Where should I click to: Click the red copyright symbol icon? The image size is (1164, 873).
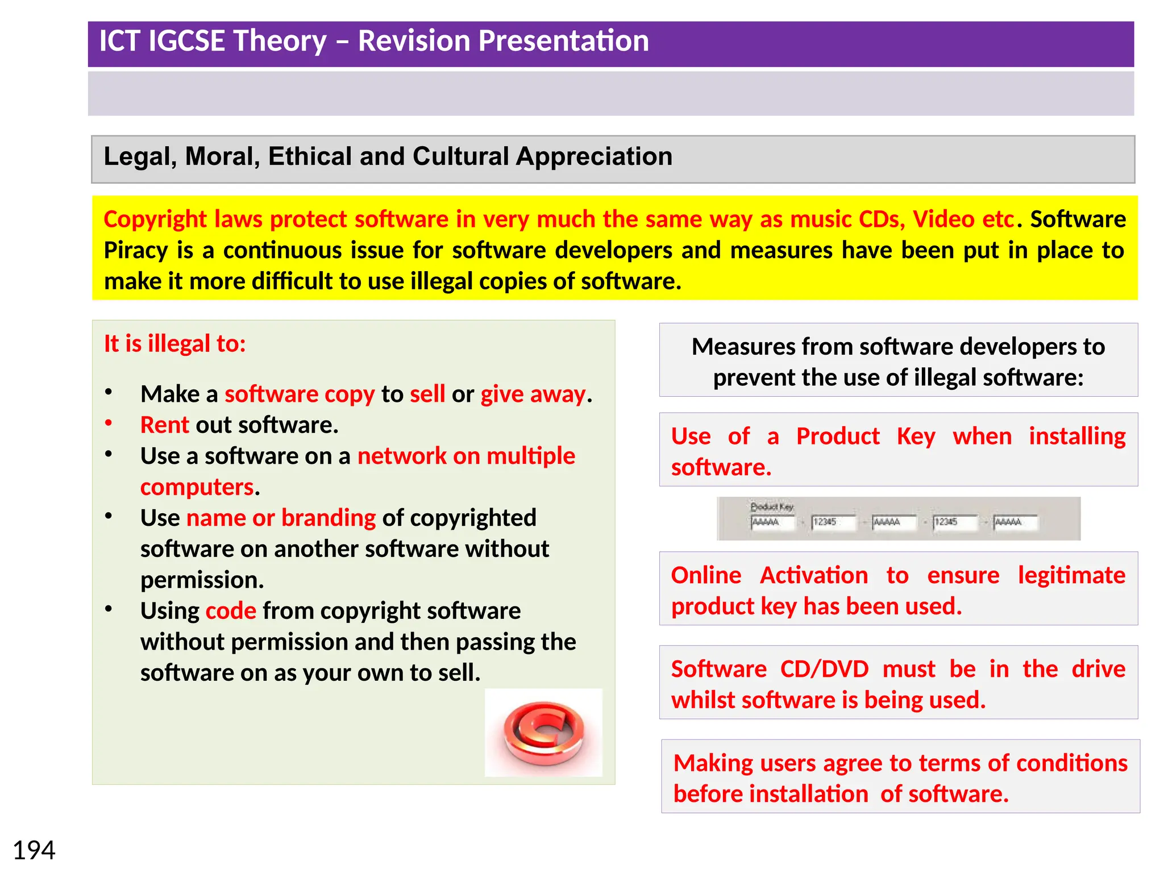tap(543, 733)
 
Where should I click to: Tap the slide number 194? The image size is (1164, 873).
tap(34, 850)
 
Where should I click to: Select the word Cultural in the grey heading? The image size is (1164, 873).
tap(461, 156)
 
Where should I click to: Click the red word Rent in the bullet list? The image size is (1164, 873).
tap(164, 425)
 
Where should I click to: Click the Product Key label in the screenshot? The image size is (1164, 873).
tap(771, 506)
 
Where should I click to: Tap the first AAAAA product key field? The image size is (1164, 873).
tap(772, 522)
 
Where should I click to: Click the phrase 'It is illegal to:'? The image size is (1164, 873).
tap(174, 344)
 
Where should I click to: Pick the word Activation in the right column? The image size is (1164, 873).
tap(814, 575)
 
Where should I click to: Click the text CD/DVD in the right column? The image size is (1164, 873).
tap(824, 669)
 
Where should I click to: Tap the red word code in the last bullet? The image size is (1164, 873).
tap(231, 611)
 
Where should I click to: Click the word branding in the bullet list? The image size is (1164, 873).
tap(329, 518)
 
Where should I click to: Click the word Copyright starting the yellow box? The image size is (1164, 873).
tap(155, 219)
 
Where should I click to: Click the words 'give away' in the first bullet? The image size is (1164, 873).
tap(533, 394)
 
